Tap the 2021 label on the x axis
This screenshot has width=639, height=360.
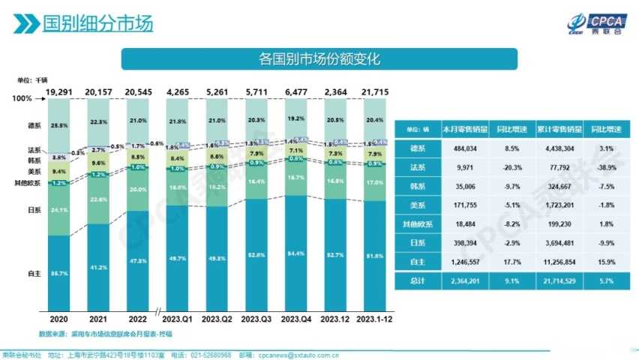coord(98,318)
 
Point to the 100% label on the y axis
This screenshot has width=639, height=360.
coord(23,98)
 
